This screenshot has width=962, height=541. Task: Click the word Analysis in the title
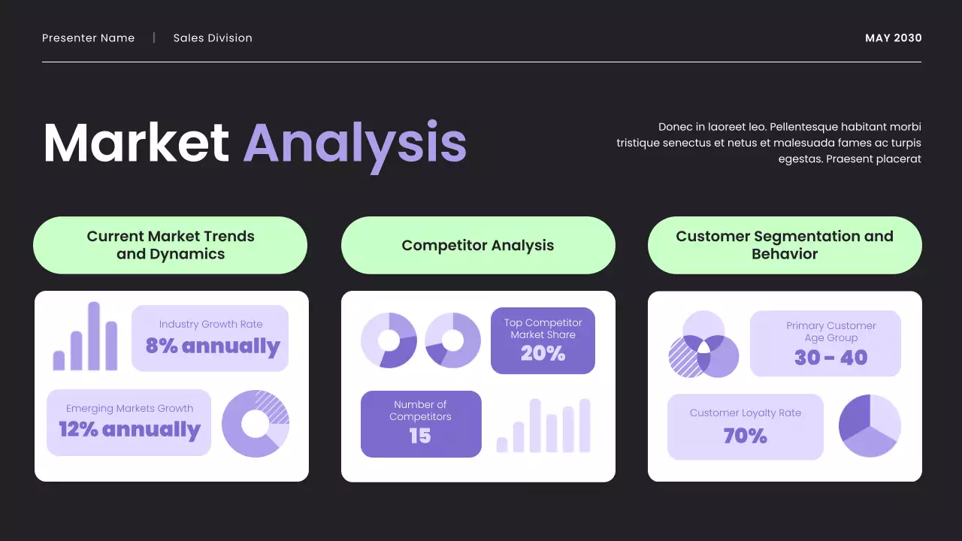tap(355, 143)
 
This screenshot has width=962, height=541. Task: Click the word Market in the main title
tap(136, 143)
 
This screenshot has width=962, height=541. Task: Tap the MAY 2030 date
tap(893, 38)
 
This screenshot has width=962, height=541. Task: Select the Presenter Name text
tap(89, 38)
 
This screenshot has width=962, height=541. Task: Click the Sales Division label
tap(213, 38)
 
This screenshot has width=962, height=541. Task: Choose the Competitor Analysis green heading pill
tap(478, 246)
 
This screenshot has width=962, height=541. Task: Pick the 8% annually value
tap(213, 346)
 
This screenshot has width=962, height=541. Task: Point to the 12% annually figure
tap(130, 430)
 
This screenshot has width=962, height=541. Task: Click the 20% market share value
tap(543, 353)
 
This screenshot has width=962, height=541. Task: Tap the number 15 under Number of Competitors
tap(420, 436)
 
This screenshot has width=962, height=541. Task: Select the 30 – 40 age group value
tap(830, 358)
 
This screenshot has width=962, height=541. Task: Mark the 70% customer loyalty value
tap(745, 436)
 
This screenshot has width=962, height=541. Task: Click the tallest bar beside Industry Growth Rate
tap(94, 336)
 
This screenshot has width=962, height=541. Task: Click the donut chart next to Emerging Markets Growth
tap(256, 424)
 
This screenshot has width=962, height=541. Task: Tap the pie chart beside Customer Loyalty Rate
tap(870, 426)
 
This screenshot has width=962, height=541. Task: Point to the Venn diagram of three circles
tap(704, 345)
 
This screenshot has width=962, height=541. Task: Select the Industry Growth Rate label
tap(211, 325)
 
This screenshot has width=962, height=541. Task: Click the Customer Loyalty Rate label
tap(746, 413)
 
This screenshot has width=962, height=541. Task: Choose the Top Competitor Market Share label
tap(543, 329)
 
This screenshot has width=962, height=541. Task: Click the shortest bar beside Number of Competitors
tap(502, 445)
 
